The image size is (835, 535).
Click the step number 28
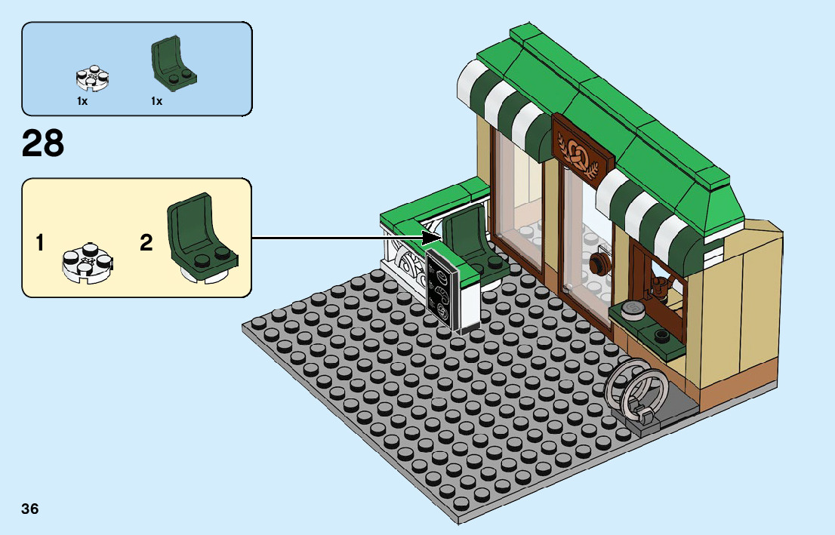(43, 144)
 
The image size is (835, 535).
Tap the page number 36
(30, 509)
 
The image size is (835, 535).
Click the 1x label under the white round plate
(82, 101)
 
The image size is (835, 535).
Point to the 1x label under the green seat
(156, 101)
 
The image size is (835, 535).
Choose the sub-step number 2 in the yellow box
(146, 243)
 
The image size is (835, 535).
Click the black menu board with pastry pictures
(442, 291)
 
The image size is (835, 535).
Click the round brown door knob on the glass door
(600, 265)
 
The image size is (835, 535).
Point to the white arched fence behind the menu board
(404, 260)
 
